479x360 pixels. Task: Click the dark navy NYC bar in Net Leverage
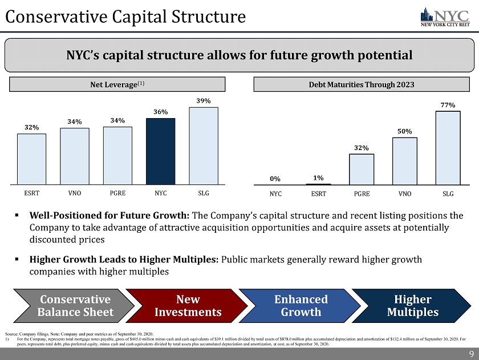pyautogui.click(x=161, y=151)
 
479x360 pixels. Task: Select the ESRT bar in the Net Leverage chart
pyautogui.click(x=32, y=159)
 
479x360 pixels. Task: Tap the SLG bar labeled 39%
pyautogui.click(x=204, y=145)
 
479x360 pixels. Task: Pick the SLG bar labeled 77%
pyautogui.click(x=448, y=148)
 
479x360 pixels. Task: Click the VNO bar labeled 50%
pyautogui.click(x=405, y=161)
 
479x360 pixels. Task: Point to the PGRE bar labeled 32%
pyautogui.click(x=362, y=169)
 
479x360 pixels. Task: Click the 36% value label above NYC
pyautogui.click(x=161, y=112)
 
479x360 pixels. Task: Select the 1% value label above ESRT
pyautogui.click(x=318, y=177)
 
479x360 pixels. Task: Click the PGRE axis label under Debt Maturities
pyautogui.click(x=362, y=193)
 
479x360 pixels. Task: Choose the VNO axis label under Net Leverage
pyautogui.click(x=74, y=193)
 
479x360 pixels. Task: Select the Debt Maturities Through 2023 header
pyautogui.click(x=362, y=84)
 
